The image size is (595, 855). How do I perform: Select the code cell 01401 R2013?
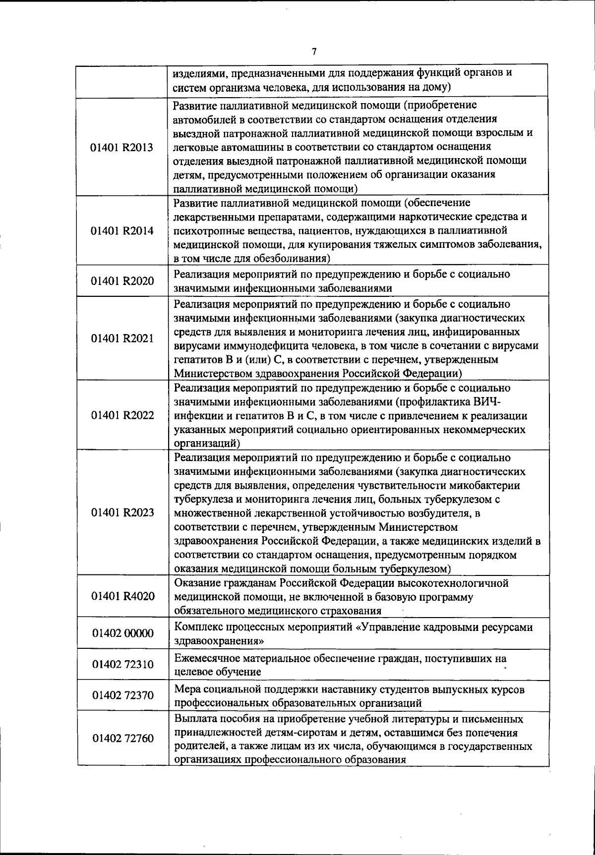click(122, 147)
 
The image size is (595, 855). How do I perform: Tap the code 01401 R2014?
click(122, 230)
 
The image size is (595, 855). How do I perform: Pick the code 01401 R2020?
click(122, 281)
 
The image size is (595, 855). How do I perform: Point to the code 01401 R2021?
click(122, 338)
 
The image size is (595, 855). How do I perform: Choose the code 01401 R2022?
click(122, 415)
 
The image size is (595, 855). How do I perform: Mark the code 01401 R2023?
click(122, 512)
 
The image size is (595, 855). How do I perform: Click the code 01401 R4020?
click(122, 596)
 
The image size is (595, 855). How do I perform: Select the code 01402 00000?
click(122, 633)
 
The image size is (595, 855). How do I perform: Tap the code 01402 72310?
click(122, 664)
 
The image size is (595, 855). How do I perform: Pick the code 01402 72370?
click(122, 695)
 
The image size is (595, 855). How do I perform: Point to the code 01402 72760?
click(122, 738)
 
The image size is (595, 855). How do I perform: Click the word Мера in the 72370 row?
click(186, 689)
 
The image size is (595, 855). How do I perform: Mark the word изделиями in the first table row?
click(197, 74)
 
